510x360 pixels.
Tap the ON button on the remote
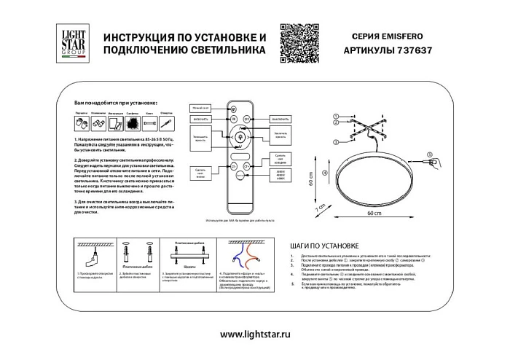[x=233, y=118]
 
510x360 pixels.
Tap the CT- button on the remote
[x=233, y=166]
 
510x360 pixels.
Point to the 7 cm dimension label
[x=318, y=209]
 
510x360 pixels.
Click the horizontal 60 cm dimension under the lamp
[x=373, y=214]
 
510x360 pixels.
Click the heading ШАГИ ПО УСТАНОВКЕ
[x=321, y=247]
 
